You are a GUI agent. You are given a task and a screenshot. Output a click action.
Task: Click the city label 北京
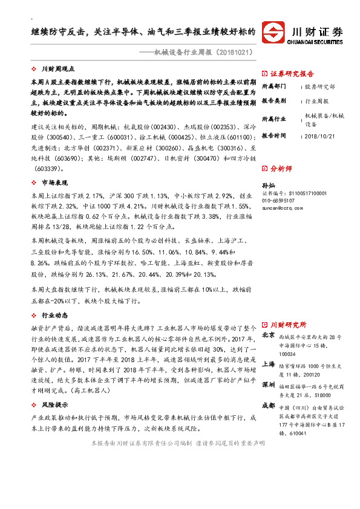(269, 336)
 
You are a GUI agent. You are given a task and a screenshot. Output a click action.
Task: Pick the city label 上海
(269, 365)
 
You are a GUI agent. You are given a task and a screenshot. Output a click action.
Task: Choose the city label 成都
(269, 406)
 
